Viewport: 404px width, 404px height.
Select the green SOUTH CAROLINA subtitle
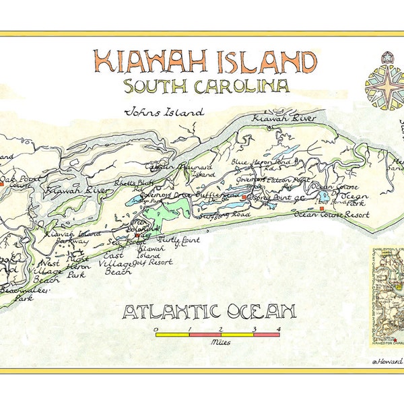[x=206, y=86]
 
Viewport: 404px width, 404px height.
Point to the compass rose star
[x=384, y=86]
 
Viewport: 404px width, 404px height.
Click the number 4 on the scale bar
[x=277, y=329]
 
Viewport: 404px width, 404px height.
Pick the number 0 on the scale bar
[x=156, y=329]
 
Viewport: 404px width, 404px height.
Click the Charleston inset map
[x=386, y=286]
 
